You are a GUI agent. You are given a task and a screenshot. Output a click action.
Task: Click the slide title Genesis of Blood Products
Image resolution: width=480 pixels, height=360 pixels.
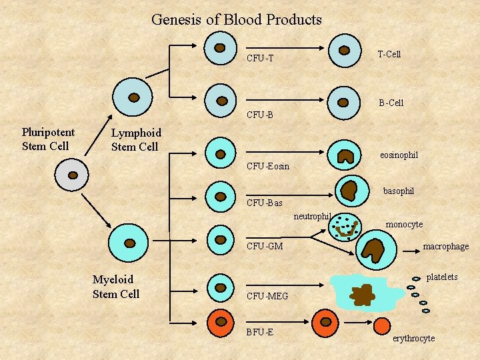(237, 20)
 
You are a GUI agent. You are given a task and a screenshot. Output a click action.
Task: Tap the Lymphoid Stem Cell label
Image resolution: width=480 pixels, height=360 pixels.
(135, 140)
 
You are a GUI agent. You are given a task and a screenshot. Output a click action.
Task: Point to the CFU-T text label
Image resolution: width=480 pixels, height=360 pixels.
(260, 59)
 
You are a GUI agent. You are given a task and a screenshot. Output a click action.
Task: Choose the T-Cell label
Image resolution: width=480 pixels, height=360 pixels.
(389, 54)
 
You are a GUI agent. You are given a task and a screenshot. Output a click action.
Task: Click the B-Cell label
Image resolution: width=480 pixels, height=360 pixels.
(391, 103)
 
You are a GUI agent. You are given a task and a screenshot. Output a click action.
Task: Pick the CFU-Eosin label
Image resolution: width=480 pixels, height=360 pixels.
(268, 166)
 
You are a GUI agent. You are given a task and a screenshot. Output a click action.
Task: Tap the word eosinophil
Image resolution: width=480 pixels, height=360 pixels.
(399, 155)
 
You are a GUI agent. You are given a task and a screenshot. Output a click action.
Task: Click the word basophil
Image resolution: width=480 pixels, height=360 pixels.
(399, 191)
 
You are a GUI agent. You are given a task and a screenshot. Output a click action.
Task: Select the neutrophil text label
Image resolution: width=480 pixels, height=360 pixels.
(313, 216)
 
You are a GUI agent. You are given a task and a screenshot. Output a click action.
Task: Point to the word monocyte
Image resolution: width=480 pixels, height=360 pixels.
(404, 225)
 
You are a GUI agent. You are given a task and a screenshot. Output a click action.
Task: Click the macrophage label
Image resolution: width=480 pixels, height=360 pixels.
(446, 247)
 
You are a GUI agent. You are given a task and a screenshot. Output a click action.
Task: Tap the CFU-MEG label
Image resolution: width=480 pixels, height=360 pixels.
(267, 296)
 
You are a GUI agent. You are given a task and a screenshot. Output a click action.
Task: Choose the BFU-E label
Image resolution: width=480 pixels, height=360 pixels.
(259, 331)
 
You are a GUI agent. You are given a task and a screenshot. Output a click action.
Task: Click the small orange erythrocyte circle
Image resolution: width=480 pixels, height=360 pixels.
(382, 326)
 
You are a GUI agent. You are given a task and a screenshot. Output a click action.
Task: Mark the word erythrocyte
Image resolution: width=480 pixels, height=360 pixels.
(413, 339)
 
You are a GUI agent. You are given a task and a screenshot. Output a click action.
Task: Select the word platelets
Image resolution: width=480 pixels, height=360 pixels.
(442, 277)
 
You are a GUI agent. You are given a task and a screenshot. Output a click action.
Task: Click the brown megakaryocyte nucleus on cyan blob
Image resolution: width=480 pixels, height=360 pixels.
(363, 294)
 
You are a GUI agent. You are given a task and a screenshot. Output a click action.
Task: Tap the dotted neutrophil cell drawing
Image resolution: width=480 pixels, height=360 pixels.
(345, 227)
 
